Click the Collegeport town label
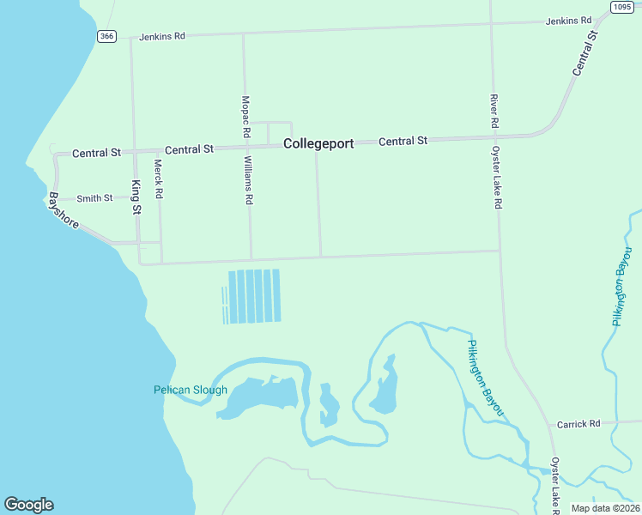tap(318, 144)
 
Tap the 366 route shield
tap(106, 36)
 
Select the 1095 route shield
tap(622, 7)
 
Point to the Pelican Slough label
tap(191, 390)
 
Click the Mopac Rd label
tap(245, 116)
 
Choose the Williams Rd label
tap(248, 180)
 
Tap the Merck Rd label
tap(158, 179)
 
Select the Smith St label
tap(94, 198)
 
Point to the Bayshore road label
tap(64, 211)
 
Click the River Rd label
tap(494, 111)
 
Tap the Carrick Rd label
tap(578, 424)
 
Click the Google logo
tap(28, 505)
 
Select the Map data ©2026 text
tap(605, 508)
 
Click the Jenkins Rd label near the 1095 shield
tap(568, 20)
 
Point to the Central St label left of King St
tap(96, 153)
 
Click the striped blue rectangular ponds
tap(252, 296)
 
